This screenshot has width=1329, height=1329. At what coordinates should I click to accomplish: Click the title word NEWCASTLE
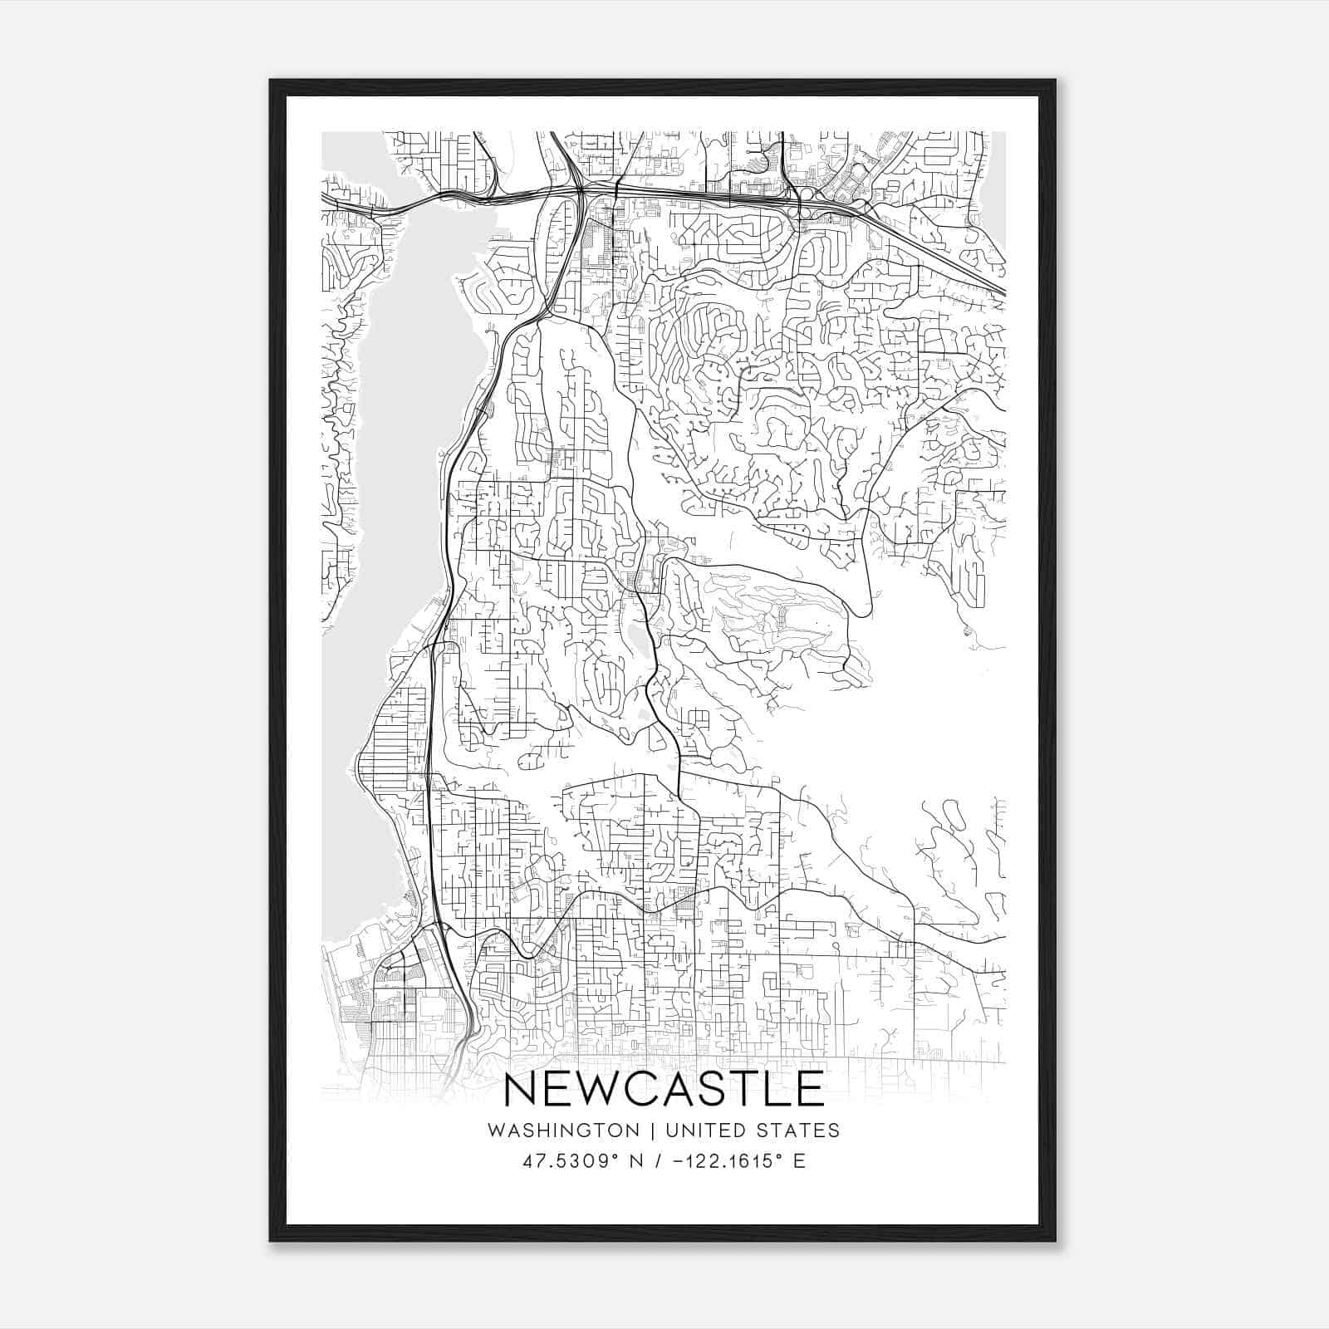pos(664,1089)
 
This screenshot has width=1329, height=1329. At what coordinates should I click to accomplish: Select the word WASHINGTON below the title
pos(563,1130)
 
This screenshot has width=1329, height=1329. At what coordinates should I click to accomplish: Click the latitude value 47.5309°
pos(576,1161)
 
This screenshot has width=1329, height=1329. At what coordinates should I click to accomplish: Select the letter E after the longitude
pos(799,1161)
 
